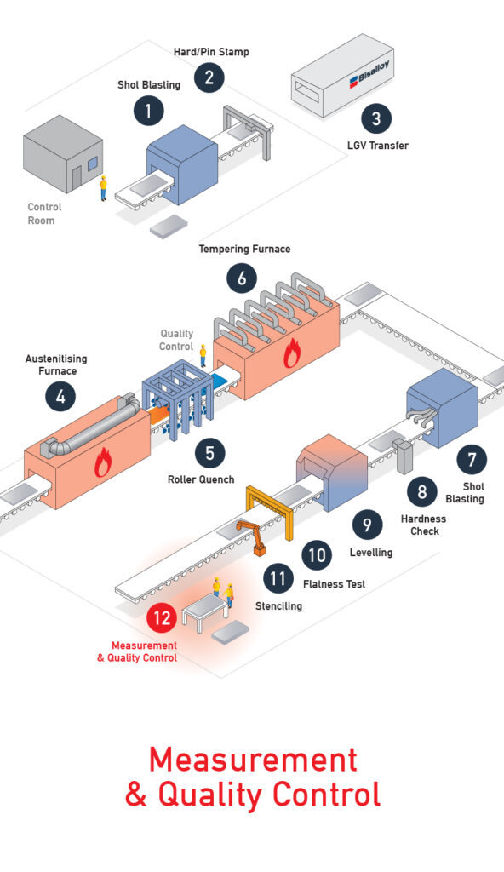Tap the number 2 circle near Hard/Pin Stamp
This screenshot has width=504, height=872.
pos(209,77)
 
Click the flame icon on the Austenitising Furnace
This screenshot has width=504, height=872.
pos(102,462)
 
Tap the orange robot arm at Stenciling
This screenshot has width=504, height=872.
pos(252,536)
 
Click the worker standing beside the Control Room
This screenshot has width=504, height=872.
pos(103,188)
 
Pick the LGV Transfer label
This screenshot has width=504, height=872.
pos(378,146)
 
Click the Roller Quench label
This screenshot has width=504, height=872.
pos(201,479)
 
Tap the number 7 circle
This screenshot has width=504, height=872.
pos(472,459)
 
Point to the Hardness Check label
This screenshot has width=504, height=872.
pos(424,525)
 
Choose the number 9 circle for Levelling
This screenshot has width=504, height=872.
pos(367,525)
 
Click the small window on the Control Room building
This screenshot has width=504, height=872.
pos(92,163)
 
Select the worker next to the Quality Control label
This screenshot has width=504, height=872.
pos(203,355)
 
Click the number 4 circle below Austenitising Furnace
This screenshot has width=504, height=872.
pos(60,397)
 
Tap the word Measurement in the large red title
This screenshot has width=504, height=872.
pos(253,759)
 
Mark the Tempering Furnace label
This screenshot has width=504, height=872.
pos(245,250)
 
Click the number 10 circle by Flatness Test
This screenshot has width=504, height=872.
pos(317,554)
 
